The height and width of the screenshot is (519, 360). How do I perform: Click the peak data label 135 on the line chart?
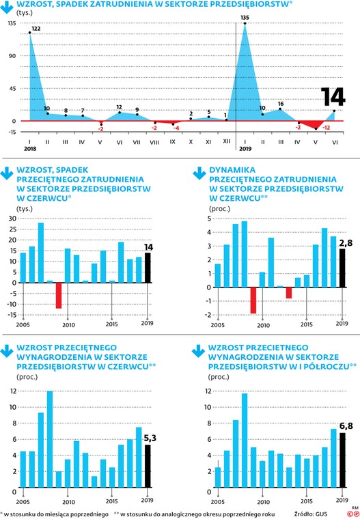click(245, 18)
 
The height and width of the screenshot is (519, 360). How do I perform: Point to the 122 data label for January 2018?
click(36, 29)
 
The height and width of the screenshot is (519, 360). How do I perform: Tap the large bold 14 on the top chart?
click(333, 97)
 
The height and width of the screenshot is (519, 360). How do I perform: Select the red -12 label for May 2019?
click(327, 128)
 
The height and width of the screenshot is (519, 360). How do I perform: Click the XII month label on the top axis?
click(227, 141)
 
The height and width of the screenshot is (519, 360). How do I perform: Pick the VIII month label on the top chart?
click(154, 142)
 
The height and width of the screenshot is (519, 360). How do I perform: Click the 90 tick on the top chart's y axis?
click(12, 55)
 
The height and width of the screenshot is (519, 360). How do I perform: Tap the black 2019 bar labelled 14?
click(148, 268)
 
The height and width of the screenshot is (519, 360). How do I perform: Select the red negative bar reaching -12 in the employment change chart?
click(59, 296)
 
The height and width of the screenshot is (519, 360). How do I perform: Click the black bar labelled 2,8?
click(342, 268)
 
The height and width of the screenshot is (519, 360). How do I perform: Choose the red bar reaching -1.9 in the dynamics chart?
click(253, 300)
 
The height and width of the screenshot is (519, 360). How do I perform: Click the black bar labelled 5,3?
click(148, 466)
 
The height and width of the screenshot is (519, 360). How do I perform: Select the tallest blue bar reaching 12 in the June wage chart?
click(50, 439)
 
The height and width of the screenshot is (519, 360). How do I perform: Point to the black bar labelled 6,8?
click(342, 460)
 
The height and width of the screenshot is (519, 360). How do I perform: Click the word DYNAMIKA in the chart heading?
click(232, 170)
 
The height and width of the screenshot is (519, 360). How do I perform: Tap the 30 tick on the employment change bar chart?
click(12, 219)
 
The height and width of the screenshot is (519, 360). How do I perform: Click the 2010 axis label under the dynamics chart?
click(263, 325)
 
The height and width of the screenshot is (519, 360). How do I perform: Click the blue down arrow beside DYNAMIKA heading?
click(199, 173)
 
